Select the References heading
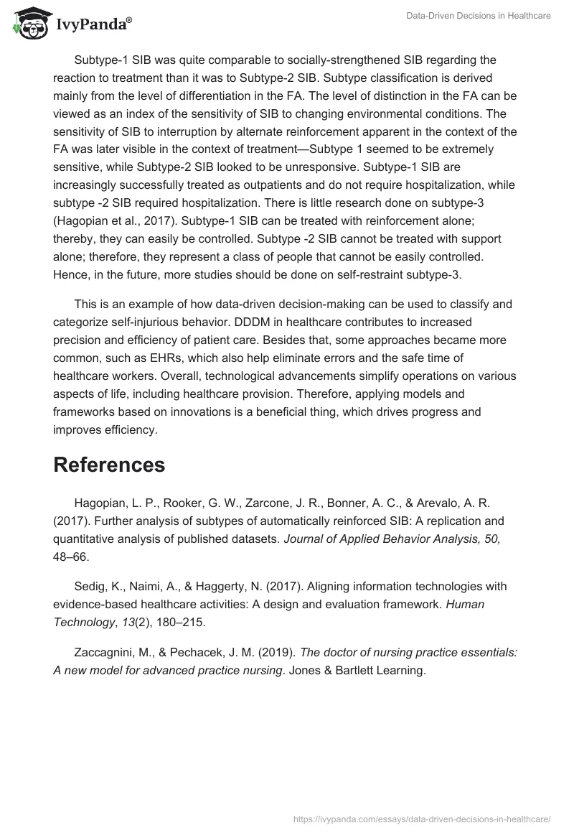coord(109,465)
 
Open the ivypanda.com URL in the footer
coord(423,818)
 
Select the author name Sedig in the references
coord(90,586)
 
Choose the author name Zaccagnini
coord(105,652)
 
